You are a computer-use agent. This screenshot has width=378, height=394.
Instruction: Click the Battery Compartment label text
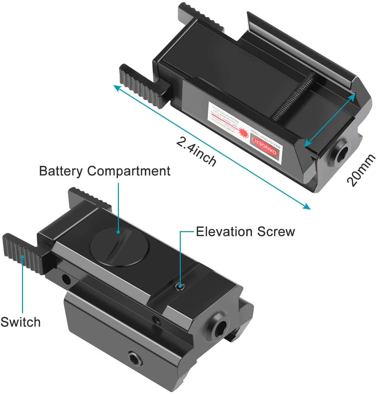coord(104,171)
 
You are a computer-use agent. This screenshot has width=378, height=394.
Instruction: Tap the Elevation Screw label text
coord(245,232)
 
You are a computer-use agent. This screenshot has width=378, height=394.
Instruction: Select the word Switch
coord(20,322)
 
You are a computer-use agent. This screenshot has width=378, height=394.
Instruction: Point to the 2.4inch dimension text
coord(196,151)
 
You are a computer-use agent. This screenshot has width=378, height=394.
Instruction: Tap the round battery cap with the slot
coord(119,247)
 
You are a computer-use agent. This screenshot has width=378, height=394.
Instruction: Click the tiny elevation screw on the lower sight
coord(179,286)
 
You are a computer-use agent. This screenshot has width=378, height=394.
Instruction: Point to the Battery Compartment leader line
coord(119,206)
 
